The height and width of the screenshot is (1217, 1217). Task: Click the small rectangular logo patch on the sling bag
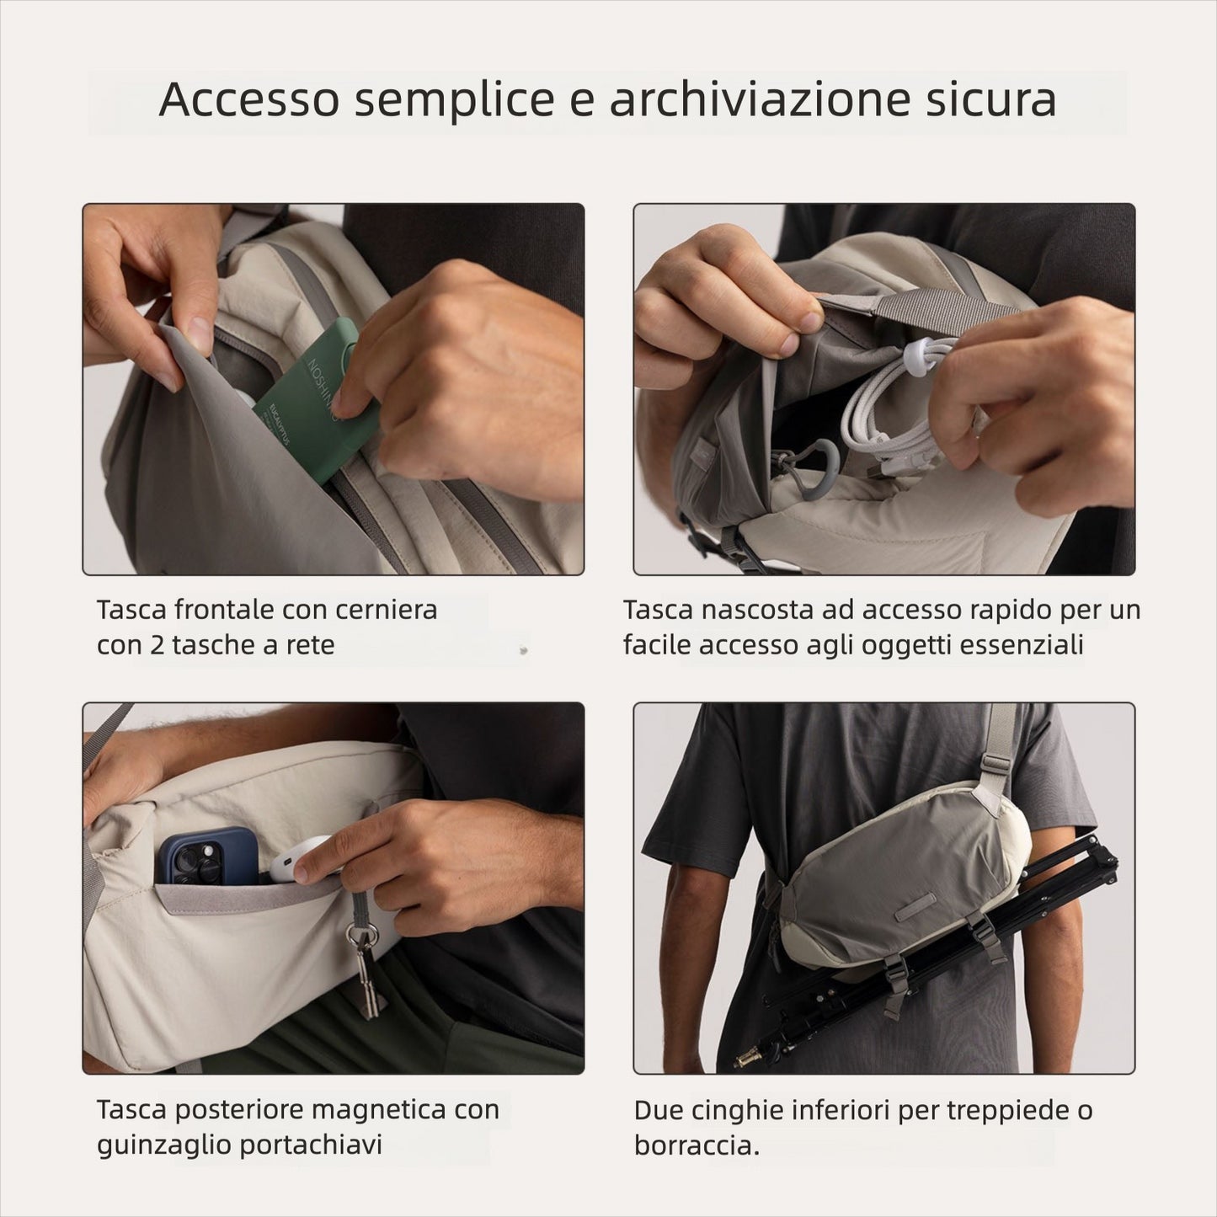[x=921, y=910]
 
